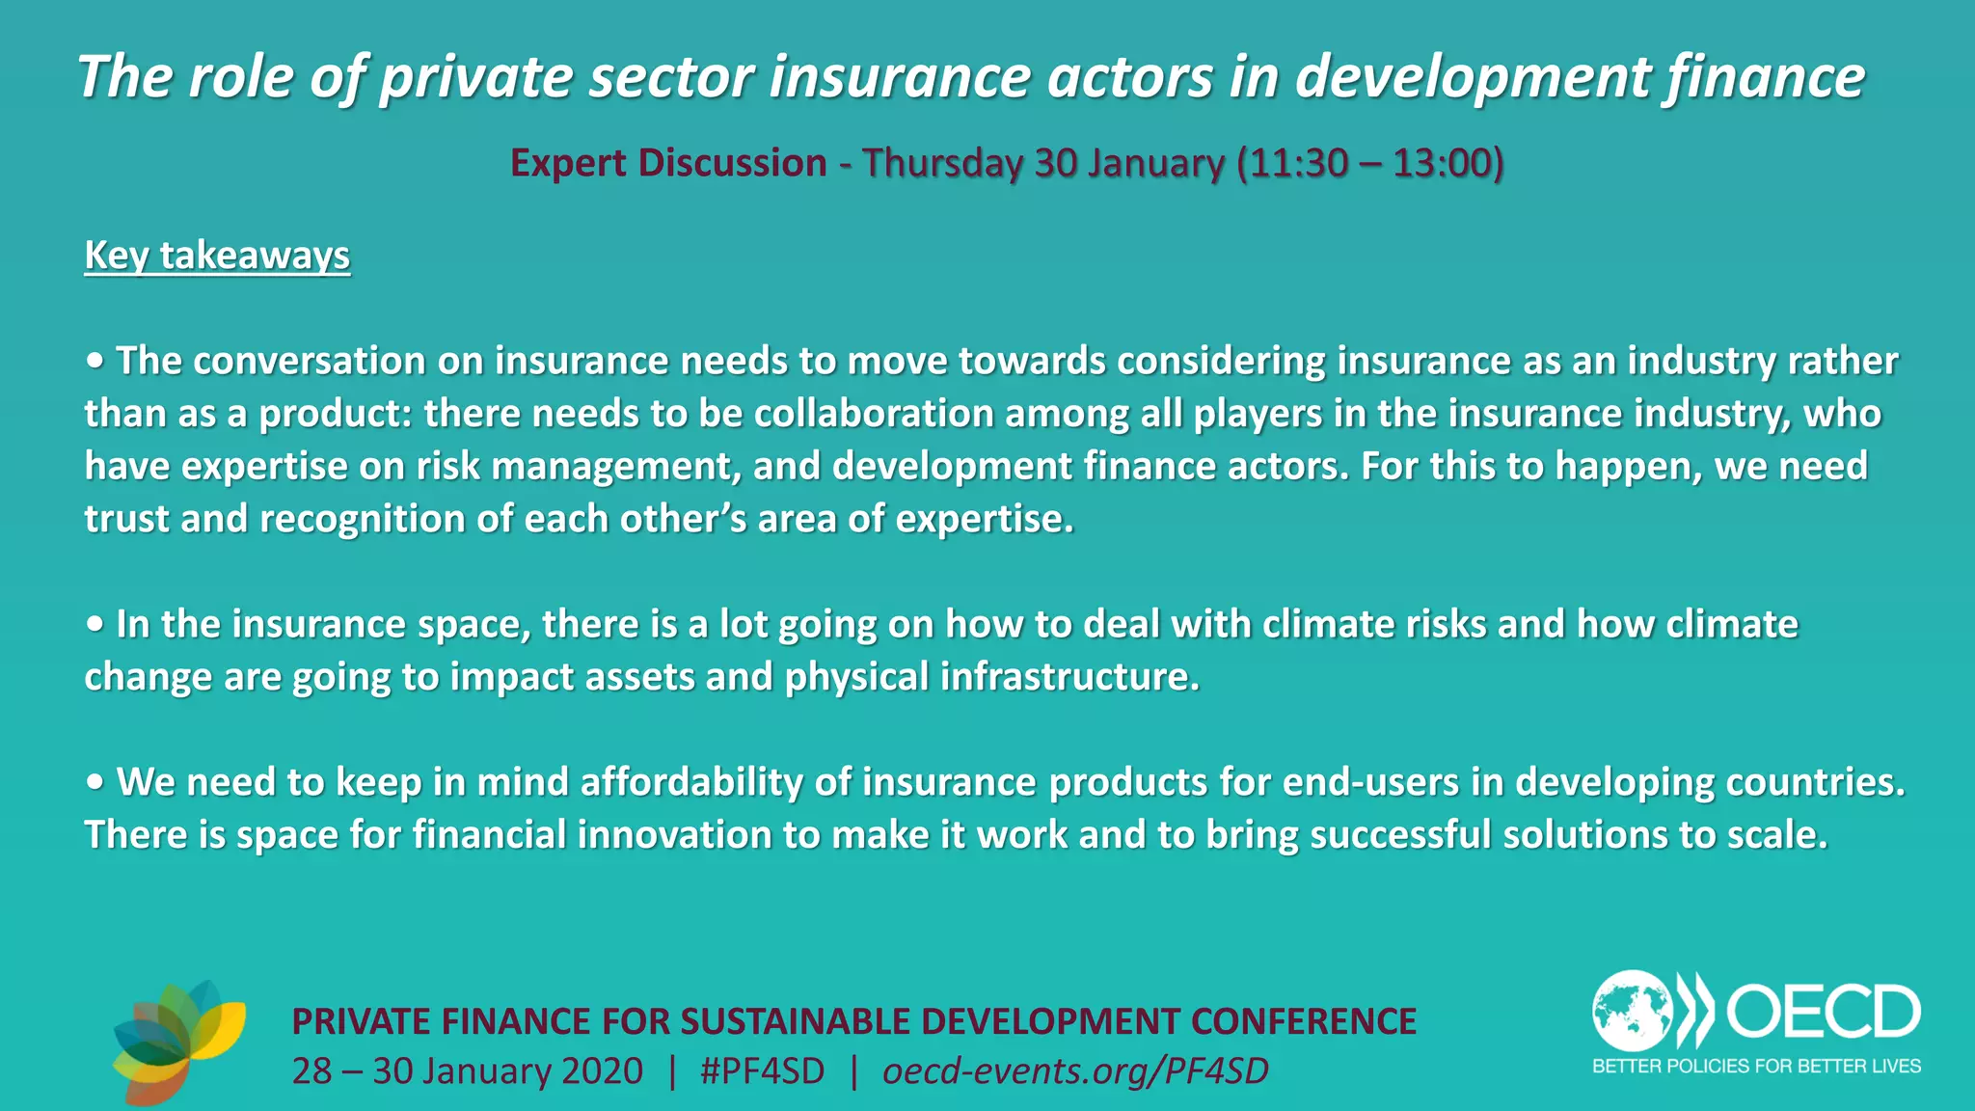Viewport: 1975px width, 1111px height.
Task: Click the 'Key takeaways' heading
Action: (x=217, y=256)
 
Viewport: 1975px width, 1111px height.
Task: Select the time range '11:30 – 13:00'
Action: (x=1369, y=163)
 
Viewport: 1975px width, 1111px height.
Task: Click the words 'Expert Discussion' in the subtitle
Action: (x=668, y=163)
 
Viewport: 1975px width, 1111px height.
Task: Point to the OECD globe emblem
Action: (x=1632, y=1011)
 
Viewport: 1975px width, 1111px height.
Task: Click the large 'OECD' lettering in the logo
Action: (x=1823, y=1012)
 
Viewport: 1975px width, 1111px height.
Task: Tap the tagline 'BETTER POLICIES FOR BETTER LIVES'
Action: (x=1756, y=1066)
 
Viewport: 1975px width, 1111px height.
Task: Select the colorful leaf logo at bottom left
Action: (x=178, y=1042)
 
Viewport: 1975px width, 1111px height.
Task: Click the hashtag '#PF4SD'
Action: (x=762, y=1071)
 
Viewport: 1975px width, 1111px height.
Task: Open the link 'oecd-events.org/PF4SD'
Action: (x=1075, y=1071)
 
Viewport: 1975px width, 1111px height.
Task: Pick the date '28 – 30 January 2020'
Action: (x=468, y=1071)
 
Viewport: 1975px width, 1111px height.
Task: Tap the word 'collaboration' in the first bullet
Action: (x=874, y=414)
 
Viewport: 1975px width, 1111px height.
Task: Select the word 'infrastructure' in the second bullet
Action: (x=1069, y=677)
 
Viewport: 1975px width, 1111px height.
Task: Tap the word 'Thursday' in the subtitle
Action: (x=942, y=163)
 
